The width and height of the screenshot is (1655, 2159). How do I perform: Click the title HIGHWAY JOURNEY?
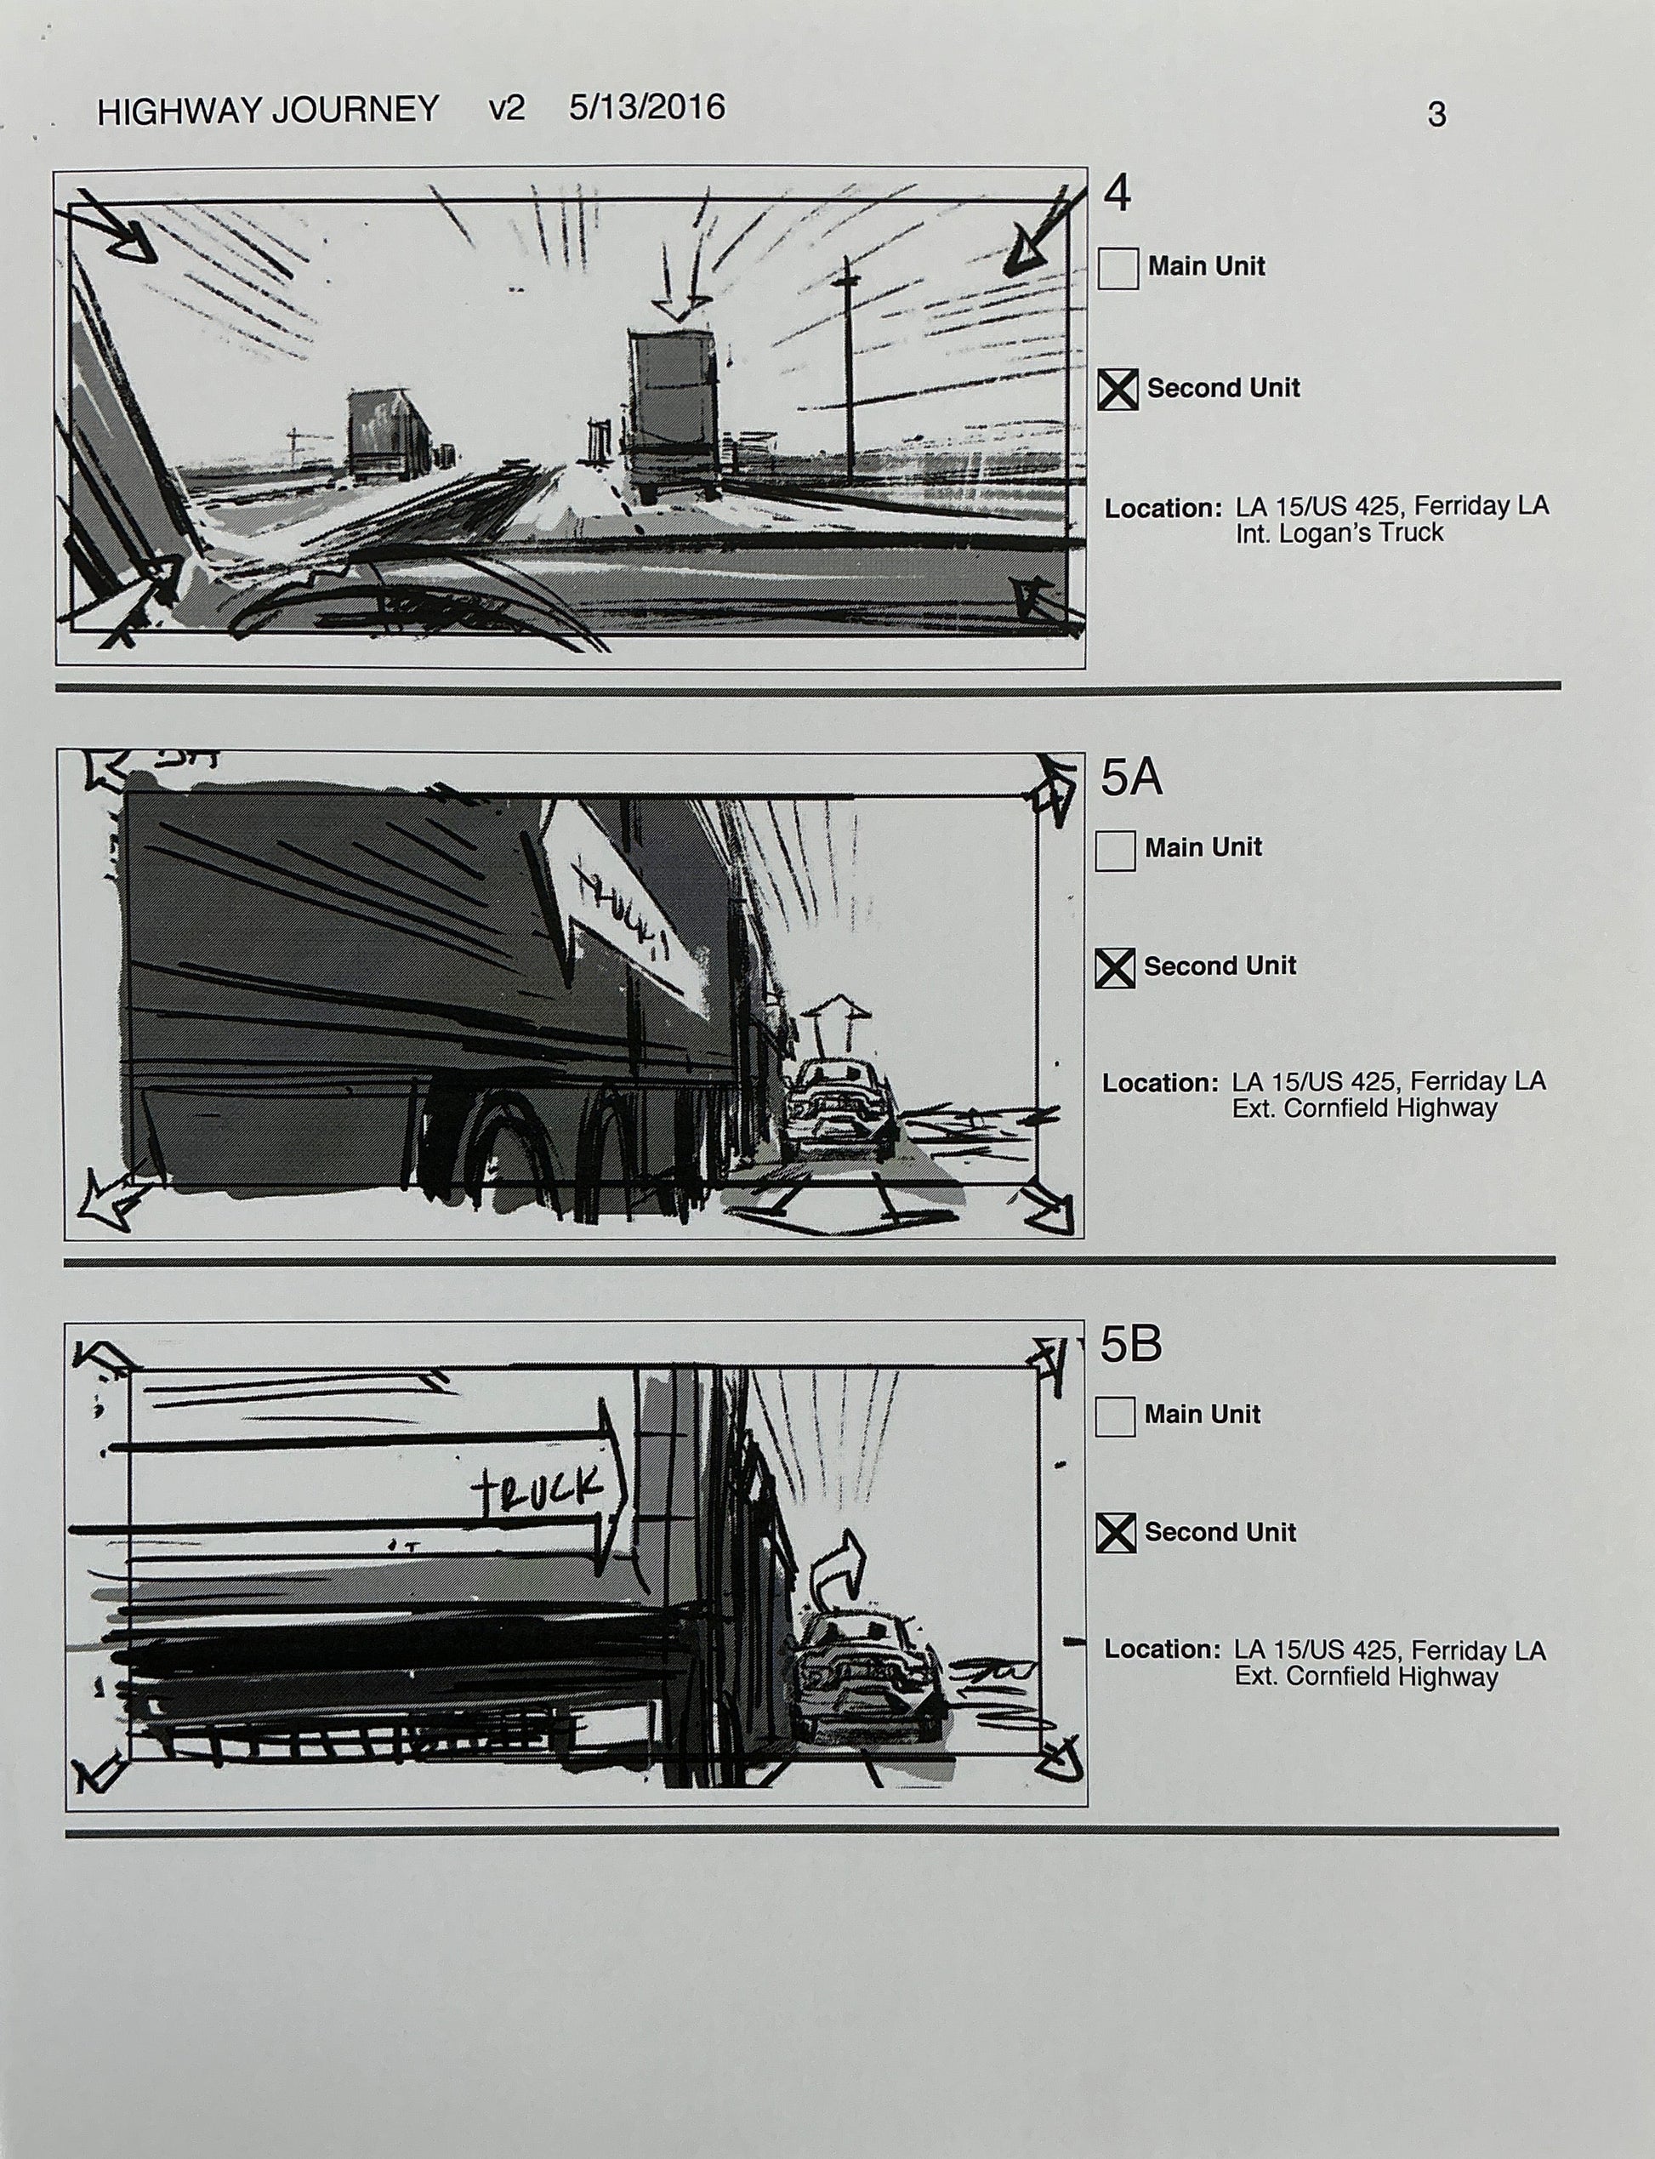coord(267,110)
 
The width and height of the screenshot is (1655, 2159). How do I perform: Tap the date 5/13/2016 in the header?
coord(646,106)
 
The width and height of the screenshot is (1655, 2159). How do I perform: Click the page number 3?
coord(1436,116)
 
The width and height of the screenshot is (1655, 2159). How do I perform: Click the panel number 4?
coord(1118,193)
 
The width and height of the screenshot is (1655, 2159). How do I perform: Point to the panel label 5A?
coord(1131,778)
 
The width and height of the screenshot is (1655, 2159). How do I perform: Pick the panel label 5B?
coord(1130,1344)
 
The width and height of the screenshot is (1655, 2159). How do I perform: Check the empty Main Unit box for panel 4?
coord(1118,269)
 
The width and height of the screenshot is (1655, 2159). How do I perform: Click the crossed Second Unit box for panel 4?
coord(1118,390)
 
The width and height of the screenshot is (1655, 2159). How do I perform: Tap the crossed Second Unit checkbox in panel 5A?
coord(1114,968)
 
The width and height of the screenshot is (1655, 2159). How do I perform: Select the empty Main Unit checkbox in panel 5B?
coord(1114,1417)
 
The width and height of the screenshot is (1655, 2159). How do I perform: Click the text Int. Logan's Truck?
coord(1339,533)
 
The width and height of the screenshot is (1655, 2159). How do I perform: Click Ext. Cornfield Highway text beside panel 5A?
coord(1364,1108)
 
